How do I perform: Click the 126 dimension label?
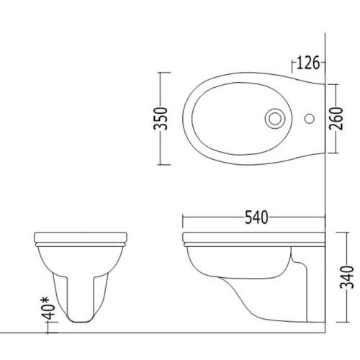tap(308, 63)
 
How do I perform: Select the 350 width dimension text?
tap(161, 119)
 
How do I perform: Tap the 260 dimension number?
tap(336, 119)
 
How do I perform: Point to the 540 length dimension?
tap(256, 217)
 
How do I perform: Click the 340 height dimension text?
tap(348, 277)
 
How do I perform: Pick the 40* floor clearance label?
tap(48, 308)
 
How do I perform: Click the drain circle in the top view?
tap(275, 119)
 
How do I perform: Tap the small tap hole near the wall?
tap(310, 119)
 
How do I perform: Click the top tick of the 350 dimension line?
tap(164, 72)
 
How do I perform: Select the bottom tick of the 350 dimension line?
tap(164, 165)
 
